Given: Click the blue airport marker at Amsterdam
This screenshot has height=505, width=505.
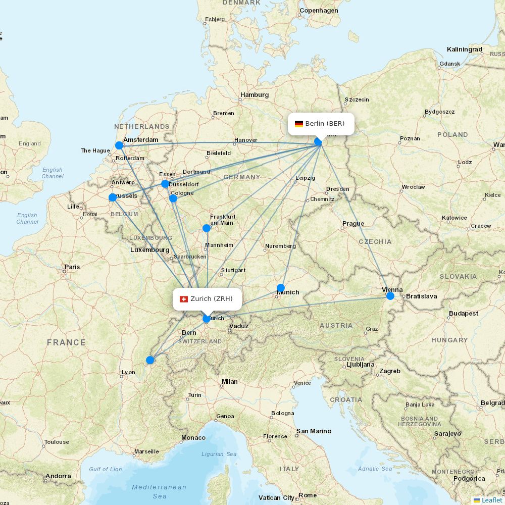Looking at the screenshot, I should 119,145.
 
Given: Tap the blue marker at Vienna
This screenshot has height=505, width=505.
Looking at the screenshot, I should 390,295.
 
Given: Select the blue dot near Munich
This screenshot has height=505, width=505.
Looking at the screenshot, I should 281,288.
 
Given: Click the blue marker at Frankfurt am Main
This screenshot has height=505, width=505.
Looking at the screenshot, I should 207,228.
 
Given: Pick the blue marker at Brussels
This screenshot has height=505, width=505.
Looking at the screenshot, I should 113,197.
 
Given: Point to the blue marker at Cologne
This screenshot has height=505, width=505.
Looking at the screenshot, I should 173,198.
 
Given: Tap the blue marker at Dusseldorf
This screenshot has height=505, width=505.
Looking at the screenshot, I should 165,184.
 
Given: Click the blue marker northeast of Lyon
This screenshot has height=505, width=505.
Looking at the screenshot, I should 150,360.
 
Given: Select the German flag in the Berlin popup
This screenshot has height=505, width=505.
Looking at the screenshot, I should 299,124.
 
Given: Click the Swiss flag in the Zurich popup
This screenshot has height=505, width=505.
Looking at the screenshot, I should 184,299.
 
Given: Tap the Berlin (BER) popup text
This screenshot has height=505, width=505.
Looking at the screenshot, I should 325,124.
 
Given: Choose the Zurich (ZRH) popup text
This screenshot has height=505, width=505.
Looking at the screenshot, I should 212,299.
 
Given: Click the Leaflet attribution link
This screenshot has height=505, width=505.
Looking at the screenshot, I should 491,500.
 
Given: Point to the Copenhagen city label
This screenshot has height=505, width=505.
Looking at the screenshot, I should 319,11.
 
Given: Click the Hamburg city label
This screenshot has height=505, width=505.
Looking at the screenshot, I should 255,95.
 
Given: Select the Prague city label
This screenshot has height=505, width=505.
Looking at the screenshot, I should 353,224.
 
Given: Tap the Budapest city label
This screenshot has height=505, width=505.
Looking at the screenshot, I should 463,314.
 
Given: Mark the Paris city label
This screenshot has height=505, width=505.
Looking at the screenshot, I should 72,267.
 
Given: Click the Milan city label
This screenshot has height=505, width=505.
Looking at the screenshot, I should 230,382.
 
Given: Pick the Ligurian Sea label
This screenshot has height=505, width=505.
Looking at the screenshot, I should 219,454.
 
